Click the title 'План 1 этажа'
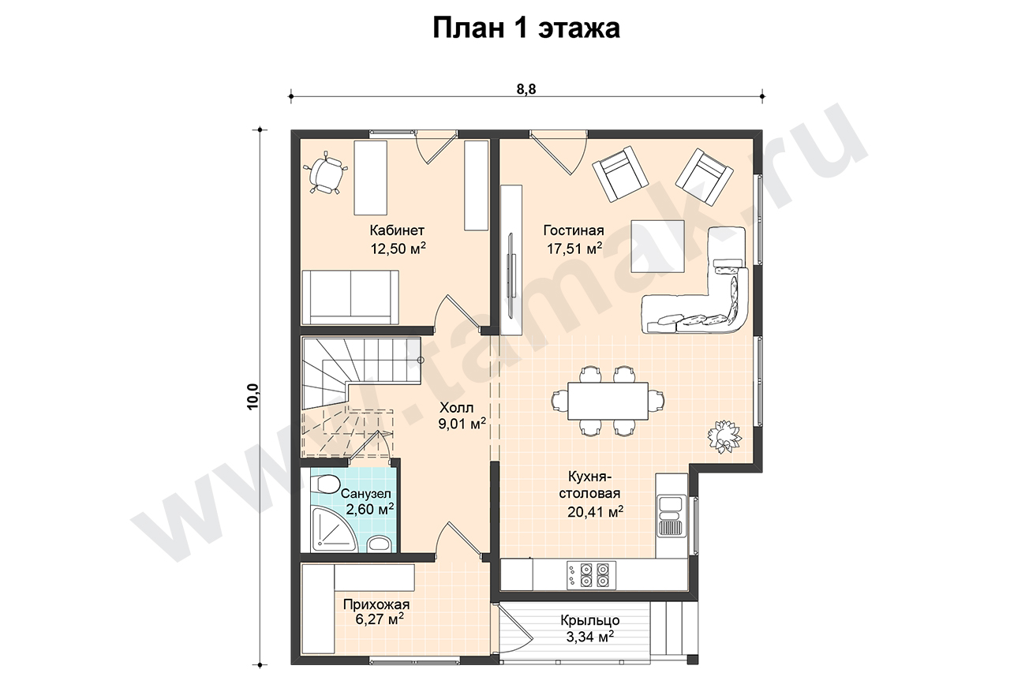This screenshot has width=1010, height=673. pos(526,28)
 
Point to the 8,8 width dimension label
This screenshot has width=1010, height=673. pos(526,89)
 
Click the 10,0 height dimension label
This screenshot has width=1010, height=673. pos(253,396)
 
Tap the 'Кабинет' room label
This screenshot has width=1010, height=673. pos(397,230)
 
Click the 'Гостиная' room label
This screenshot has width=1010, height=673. pos(574,230)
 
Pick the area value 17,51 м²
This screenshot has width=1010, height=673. pos(574,248)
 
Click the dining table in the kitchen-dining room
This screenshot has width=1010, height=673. pos(608,401)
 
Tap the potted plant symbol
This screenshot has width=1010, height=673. pos(724,436)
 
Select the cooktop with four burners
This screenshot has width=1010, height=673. pos(591,574)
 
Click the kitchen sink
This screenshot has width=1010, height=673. pos(671,515)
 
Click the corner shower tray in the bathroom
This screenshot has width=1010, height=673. pos(334,529)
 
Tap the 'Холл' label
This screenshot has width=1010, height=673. pos(456,408)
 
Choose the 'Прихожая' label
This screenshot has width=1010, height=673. pos(376,604)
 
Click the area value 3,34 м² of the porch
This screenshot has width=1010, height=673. pos(589,637)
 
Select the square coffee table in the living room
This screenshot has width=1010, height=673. pos(657,246)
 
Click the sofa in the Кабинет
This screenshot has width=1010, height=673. pos(350,297)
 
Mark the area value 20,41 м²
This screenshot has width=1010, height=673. pos(595,511)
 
